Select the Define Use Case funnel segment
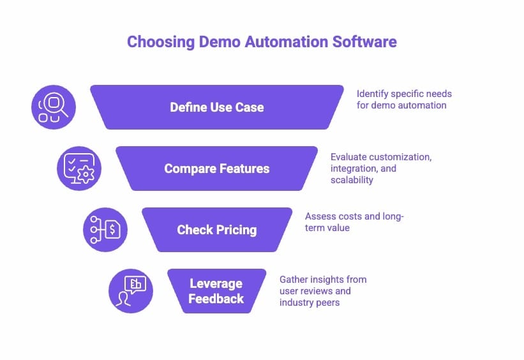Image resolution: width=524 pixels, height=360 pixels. click(x=216, y=107)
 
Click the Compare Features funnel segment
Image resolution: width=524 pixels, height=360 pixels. click(x=216, y=169)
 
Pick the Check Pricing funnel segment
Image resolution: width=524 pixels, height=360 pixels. click(x=216, y=230)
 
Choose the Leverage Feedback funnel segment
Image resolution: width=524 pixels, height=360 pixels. click(x=216, y=290)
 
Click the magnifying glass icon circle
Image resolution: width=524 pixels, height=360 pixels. click(x=54, y=107)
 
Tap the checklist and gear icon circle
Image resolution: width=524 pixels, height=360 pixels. click(x=79, y=169)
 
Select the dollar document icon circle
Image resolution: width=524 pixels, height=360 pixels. click(x=105, y=230)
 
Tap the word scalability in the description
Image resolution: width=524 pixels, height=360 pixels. click(x=352, y=181)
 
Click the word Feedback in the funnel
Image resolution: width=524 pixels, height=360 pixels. click(x=216, y=298)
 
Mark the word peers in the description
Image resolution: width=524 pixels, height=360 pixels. click(x=327, y=303)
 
